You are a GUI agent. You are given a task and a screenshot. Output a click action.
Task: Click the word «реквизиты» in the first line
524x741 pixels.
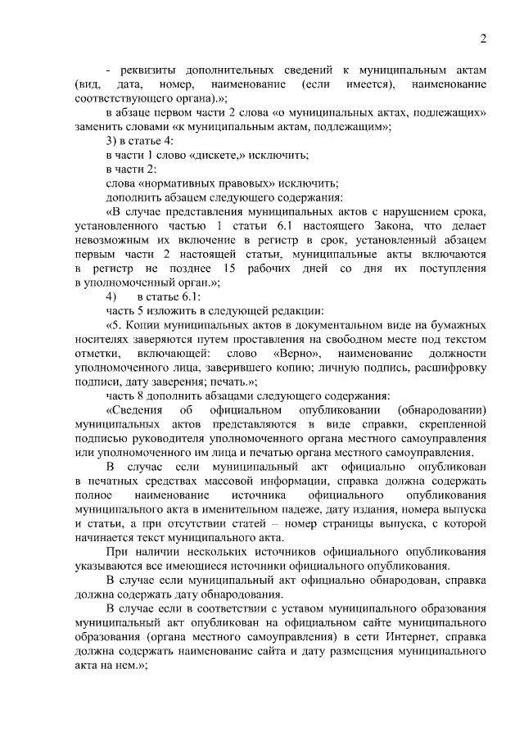tap(150, 70)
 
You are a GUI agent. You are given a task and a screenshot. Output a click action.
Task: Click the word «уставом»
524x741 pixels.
tap(264, 608)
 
